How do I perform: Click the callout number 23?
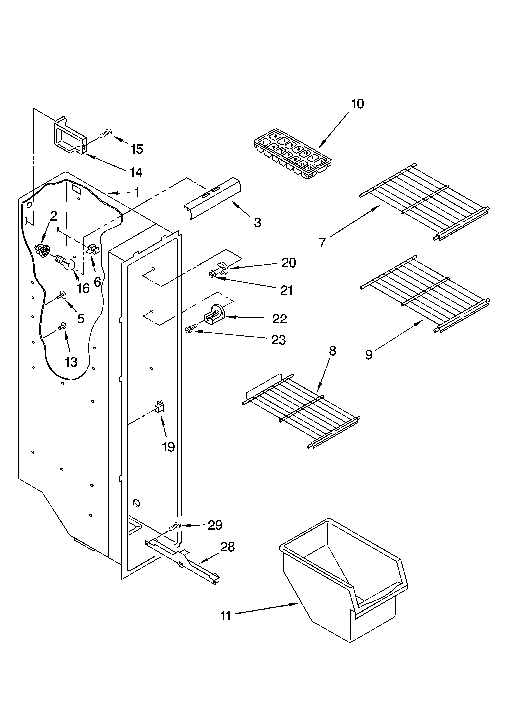(x=278, y=340)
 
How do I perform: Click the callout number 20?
(x=289, y=263)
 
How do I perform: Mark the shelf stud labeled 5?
(x=61, y=296)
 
